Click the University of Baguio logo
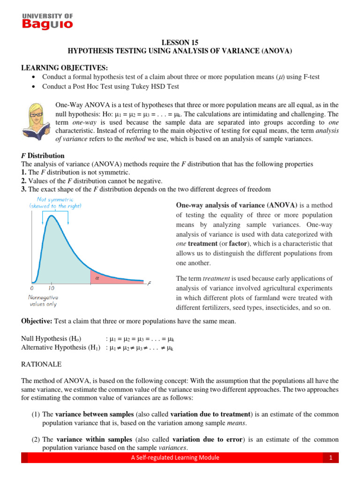pyautogui.click(x=47, y=21)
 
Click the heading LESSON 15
pyautogui.click(x=180, y=42)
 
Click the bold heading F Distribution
pyautogui.click(x=43, y=156)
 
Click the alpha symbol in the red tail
pyautogui.click(x=97, y=277)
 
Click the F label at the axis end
pyautogui.click(x=149, y=284)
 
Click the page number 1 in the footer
pyautogui.click(x=330, y=458)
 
